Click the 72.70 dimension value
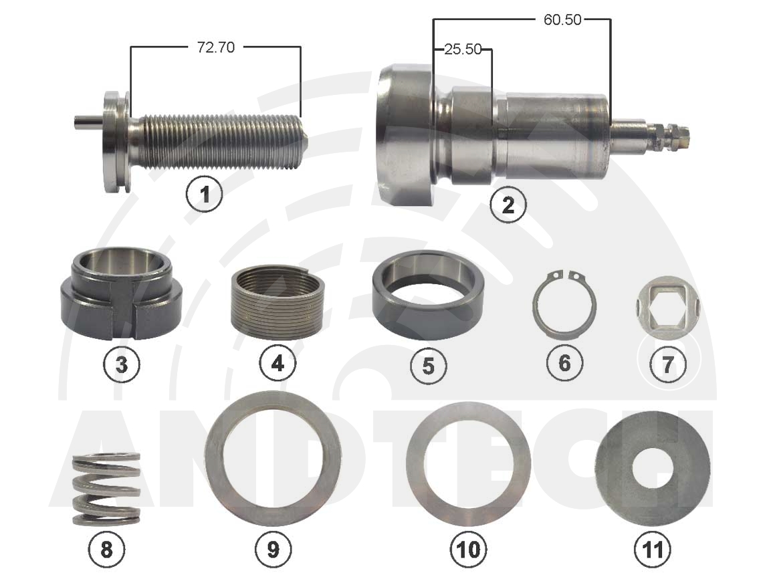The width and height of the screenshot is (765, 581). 215,47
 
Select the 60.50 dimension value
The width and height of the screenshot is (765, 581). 562,19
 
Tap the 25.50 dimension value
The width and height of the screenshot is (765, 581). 463,49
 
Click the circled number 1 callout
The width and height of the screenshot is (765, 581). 205,194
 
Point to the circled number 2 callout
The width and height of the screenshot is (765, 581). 508,205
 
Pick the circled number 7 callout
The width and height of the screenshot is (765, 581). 667,364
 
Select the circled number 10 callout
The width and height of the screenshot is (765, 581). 468,550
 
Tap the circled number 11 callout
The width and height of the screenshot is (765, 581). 652,550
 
